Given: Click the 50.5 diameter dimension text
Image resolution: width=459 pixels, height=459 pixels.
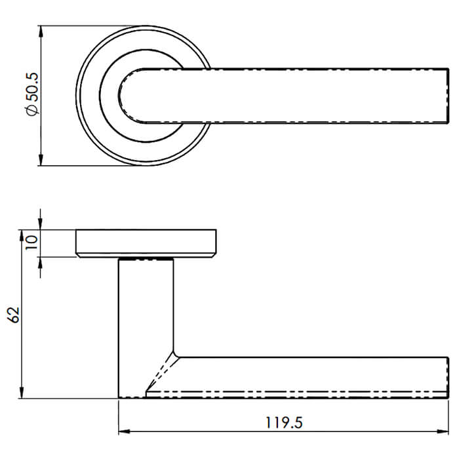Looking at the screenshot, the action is tap(33, 87).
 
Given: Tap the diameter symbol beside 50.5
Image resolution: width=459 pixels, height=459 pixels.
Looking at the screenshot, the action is tap(33, 110).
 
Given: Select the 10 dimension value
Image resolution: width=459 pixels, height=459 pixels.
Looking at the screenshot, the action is tap(31, 243).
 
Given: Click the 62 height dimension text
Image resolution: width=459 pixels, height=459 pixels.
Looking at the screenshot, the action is tap(14, 315).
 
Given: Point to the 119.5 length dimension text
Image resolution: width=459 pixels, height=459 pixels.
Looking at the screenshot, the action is tap(284, 423).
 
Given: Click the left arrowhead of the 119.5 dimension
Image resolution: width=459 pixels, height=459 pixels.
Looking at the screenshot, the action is tap(124, 431).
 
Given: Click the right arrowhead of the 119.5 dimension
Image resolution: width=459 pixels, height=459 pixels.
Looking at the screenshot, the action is tap(443, 431).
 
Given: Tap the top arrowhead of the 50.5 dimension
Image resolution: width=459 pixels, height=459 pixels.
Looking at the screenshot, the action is tap(41, 31).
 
